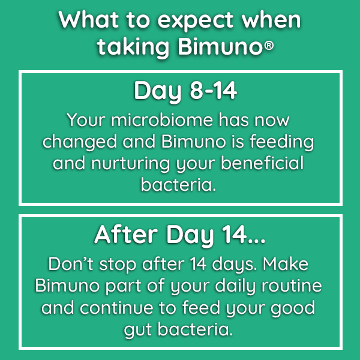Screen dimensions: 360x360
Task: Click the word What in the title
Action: pyautogui.click(x=88, y=20)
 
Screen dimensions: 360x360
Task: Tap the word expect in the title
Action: pyautogui.click(x=196, y=22)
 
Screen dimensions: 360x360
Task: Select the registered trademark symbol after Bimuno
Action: pyautogui.click(x=269, y=46)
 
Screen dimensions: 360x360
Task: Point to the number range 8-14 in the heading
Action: pyautogui.click(x=213, y=91)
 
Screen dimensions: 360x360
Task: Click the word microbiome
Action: pyautogui.click(x=162, y=119)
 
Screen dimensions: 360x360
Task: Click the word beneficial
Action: pyautogui.click(x=262, y=163)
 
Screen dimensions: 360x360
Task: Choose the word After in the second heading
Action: pyautogui.click(x=126, y=235)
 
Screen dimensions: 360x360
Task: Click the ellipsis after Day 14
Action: pyautogui.click(x=257, y=241)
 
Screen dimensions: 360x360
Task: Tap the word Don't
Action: pyautogui.click(x=71, y=264)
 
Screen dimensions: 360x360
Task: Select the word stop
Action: pyautogui.click(x=118, y=265)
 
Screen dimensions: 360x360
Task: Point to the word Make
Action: pyautogui.click(x=286, y=264)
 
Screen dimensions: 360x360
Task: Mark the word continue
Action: pyautogui.click(x=116, y=308)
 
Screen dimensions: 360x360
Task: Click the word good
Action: pyautogui.click(x=293, y=309)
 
